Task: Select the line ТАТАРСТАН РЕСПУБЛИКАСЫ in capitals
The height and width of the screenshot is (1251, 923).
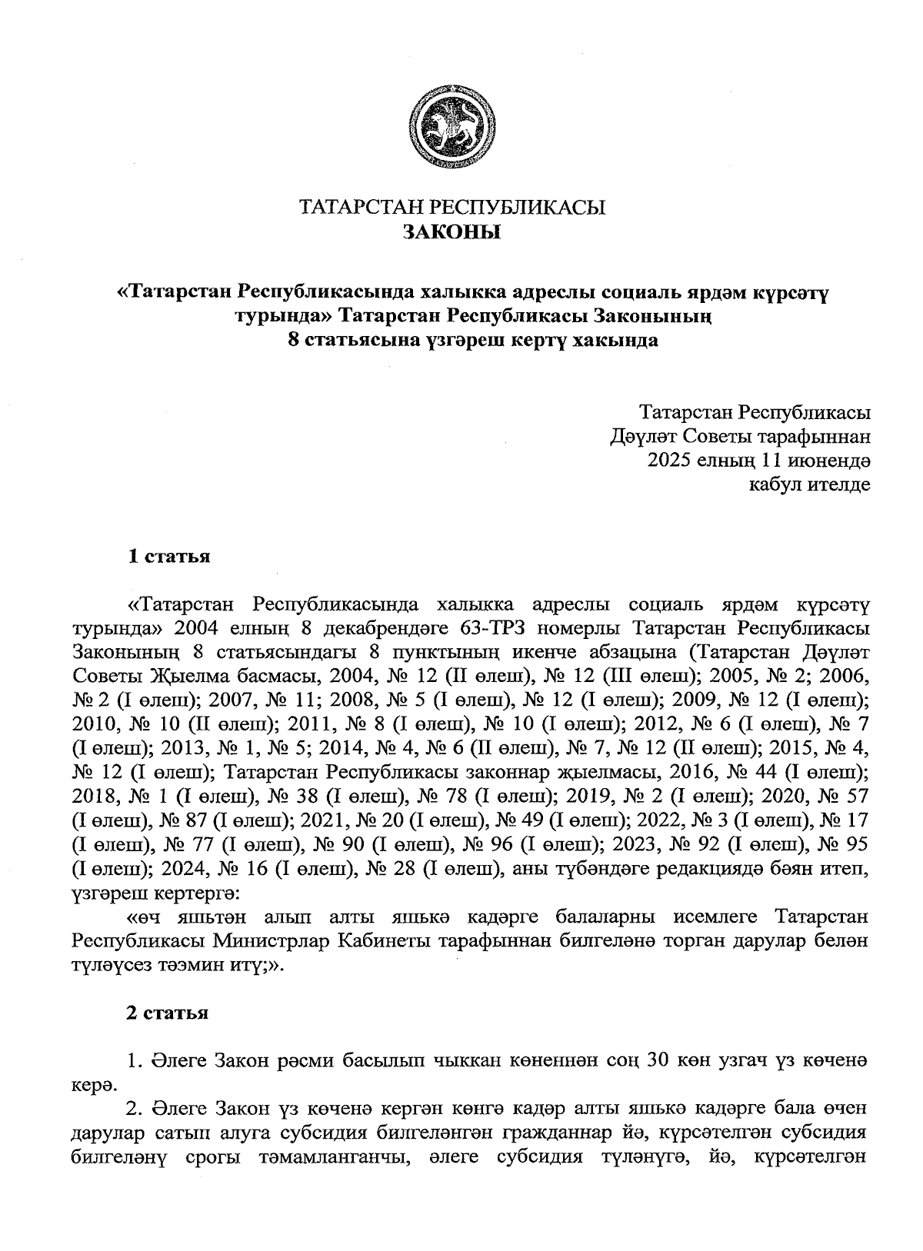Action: pos(452,208)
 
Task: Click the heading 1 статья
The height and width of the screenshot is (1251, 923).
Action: pos(168,557)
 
